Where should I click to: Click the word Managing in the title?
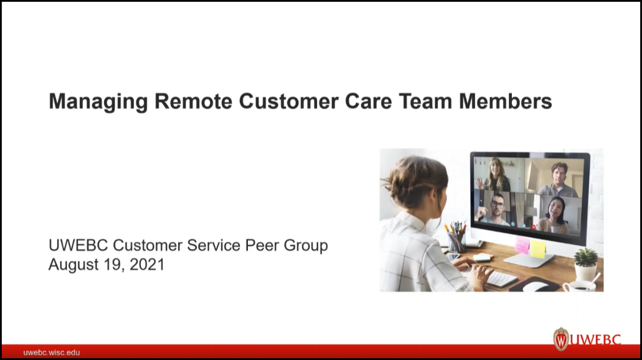point(98,102)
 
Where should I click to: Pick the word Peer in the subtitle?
point(259,245)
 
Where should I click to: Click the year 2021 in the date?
point(147,265)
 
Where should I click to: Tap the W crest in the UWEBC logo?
point(560,339)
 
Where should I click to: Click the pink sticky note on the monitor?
point(522,245)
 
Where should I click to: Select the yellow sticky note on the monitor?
point(538,249)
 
